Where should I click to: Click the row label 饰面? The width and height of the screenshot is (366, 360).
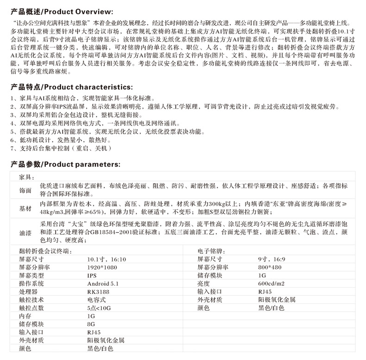click(25, 190)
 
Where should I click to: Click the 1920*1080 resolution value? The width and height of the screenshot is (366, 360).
click(102, 268)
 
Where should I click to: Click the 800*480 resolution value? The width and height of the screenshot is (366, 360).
click(271, 268)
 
